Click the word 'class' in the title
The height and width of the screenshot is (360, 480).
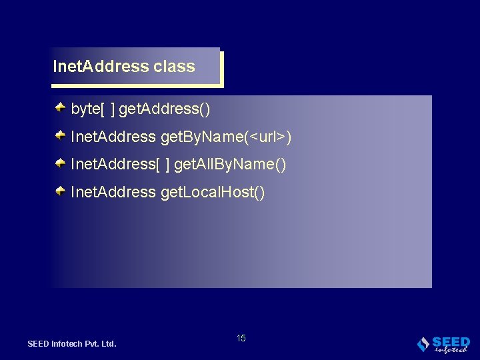tap(174, 67)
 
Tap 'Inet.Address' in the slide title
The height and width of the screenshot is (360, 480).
tap(101, 67)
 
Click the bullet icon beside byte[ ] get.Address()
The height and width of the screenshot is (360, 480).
tap(60, 107)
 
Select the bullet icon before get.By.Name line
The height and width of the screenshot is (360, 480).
tap(60, 135)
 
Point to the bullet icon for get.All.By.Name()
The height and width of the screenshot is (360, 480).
tap(60, 163)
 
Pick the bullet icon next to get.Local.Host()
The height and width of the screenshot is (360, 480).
tap(60, 191)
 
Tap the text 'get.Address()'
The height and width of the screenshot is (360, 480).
tap(169, 109)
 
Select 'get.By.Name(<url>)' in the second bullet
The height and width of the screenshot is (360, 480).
tap(226, 137)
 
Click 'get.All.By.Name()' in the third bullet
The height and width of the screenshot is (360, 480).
tap(230, 165)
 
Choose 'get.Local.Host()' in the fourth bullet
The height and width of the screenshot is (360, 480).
tap(213, 193)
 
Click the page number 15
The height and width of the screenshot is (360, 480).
tap(241, 338)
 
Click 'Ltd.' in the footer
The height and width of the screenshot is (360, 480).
tap(110, 344)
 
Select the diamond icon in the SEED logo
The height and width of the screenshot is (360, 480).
tap(423, 344)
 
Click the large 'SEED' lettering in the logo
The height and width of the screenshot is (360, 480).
tap(451, 341)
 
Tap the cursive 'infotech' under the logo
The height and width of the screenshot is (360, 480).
tap(451, 349)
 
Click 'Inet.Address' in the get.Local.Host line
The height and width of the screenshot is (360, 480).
tap(113, 193)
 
